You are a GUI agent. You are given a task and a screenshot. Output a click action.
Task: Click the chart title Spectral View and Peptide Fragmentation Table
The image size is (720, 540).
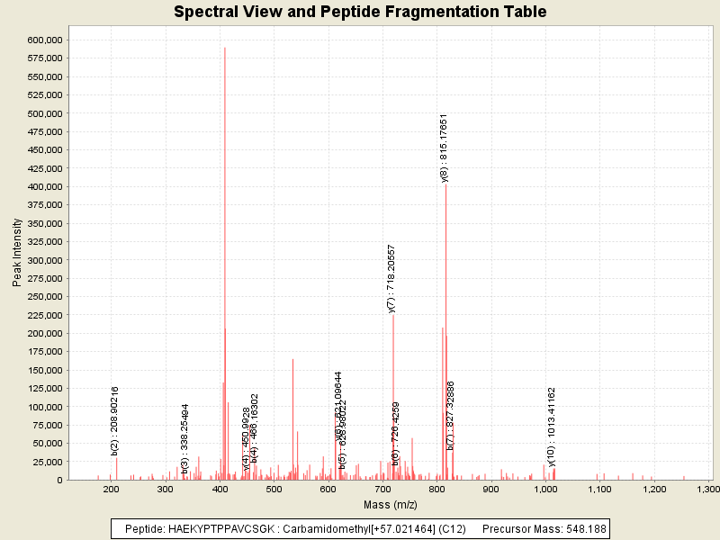click(360, 12)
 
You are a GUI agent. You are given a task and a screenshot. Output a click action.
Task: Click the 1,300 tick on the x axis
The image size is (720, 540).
click(709, 489)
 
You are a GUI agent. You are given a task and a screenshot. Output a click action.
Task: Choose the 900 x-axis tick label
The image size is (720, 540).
click(491, 489)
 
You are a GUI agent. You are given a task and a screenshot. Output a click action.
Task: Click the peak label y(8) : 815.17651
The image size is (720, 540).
click(444, 148)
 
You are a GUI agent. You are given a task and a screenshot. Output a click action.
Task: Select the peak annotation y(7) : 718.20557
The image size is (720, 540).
click(391, 278)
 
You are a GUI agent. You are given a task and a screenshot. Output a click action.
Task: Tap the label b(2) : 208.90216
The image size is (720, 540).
click(115, 419)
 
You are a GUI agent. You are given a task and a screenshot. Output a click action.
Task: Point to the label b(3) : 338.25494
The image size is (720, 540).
click(185, 438)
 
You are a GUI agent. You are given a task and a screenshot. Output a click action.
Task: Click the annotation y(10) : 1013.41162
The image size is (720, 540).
click(552, 427)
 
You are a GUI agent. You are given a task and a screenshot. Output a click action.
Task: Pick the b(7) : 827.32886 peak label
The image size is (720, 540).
click(451, 415)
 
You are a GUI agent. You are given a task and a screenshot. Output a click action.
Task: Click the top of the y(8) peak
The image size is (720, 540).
click(446, 184)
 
